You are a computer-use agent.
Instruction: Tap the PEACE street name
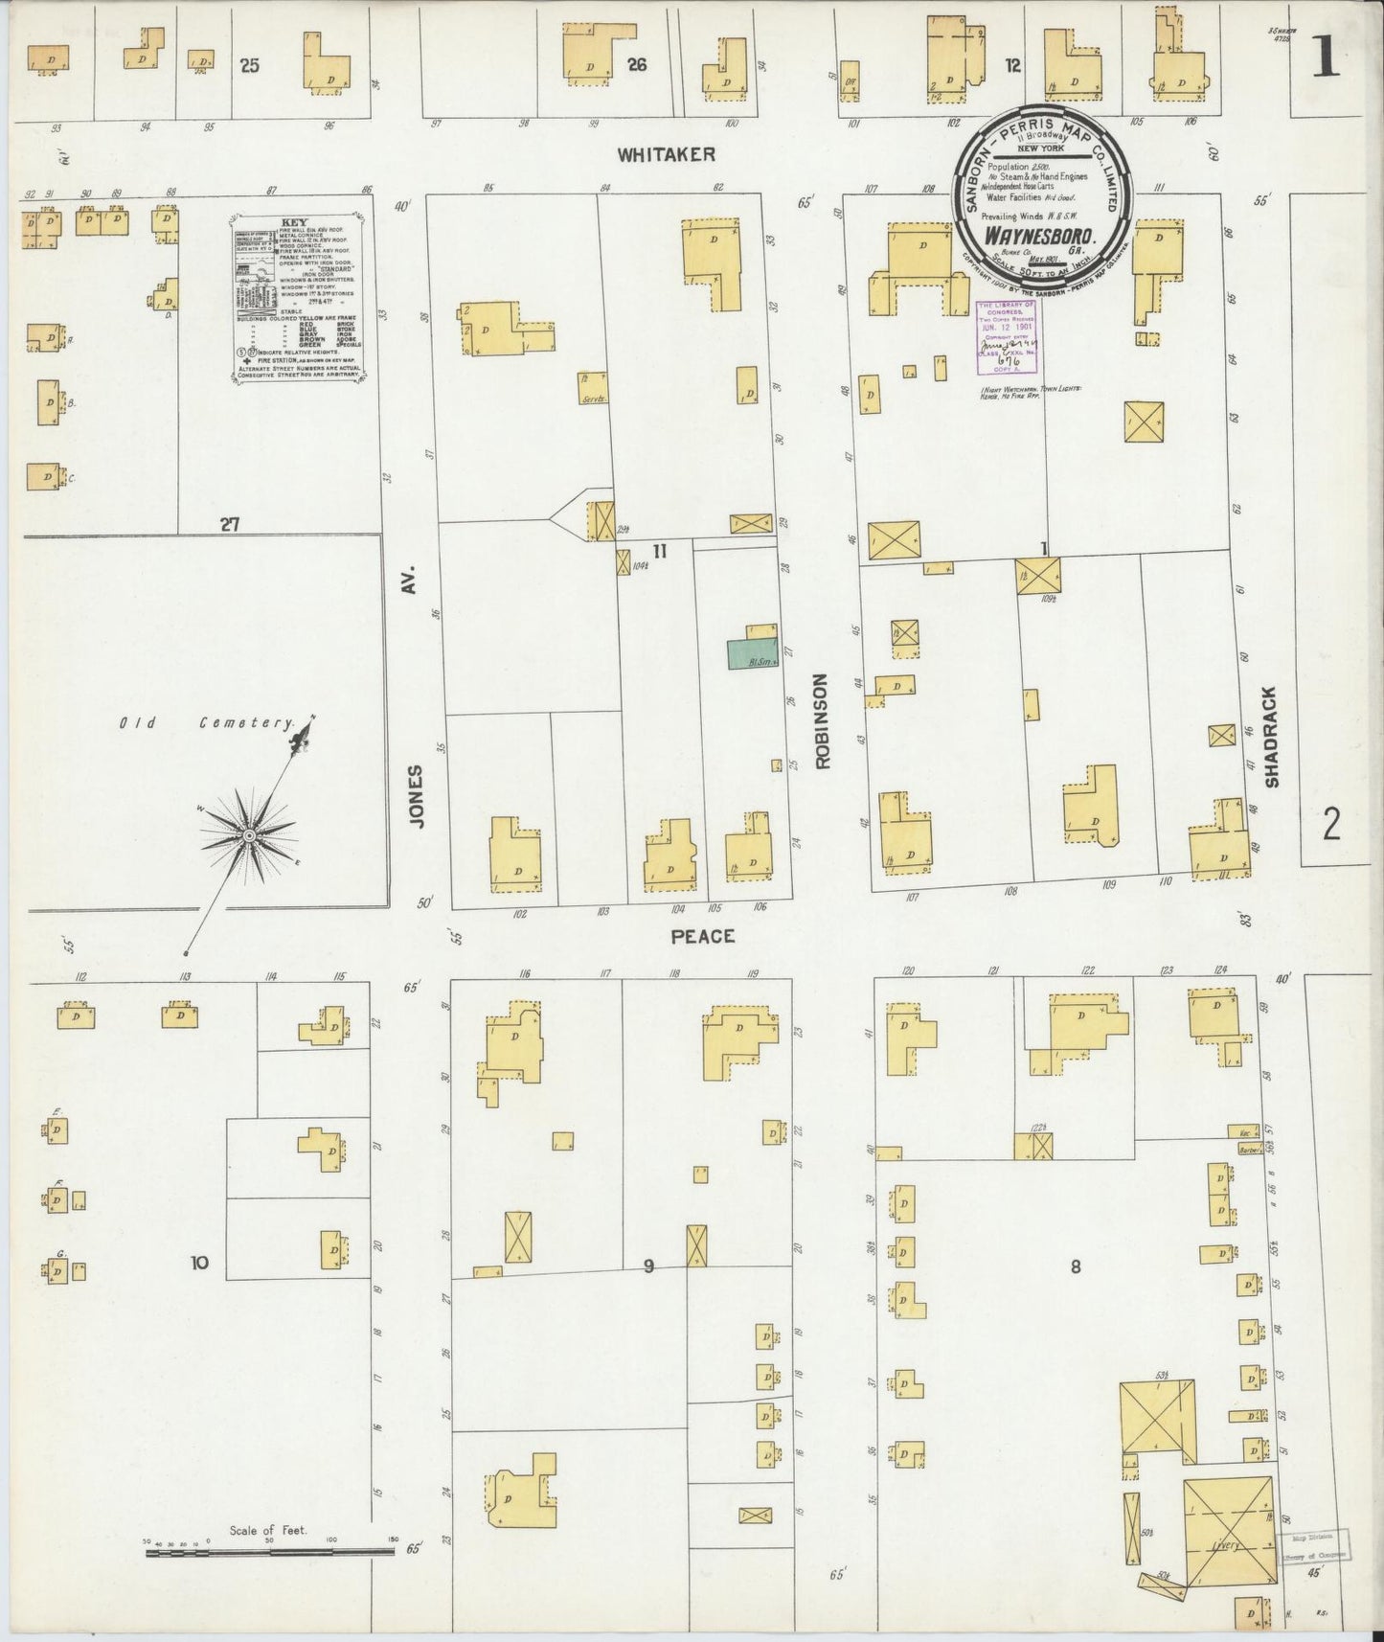tap(702, 935)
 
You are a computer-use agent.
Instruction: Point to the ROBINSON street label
tap(823, 721)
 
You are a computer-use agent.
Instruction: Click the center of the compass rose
tap(248, 835)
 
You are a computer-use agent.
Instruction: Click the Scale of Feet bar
tap(269, 1550)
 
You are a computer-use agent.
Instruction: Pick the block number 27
tap(229, 524)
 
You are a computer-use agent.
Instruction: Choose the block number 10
tap(198, 1263)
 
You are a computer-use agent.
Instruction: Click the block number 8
tap(1076, 1266)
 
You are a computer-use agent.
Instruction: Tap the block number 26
tap(637, 65)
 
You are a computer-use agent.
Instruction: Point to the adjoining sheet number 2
tap(1331, 823)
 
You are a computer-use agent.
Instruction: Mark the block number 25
tap(250, 66)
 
